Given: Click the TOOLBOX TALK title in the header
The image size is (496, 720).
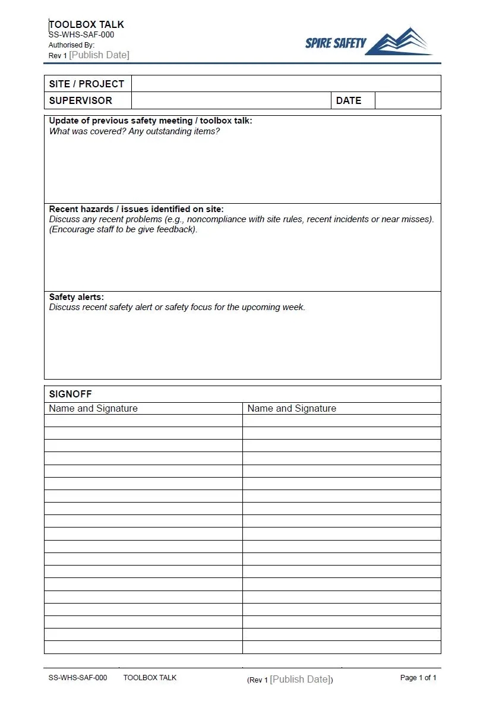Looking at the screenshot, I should point(86,24).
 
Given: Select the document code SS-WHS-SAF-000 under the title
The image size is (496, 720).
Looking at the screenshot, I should point(81,34).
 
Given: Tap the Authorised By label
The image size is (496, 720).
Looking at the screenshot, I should point(71,45).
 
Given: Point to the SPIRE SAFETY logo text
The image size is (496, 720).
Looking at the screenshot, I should point(336,43).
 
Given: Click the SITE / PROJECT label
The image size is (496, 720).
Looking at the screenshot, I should point(86,84).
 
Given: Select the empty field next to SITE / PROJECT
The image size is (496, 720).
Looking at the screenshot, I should point(286,84).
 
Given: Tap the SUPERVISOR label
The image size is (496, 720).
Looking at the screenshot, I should point(80,100).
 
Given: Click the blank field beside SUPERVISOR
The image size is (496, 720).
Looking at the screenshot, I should point(230,100).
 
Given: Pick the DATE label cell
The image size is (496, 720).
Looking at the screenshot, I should point(349,100).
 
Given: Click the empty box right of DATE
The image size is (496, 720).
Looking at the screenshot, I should point(407,100).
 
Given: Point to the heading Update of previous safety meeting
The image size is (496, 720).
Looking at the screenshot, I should point(150,121).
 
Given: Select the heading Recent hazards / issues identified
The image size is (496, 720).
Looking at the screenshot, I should point(136,209).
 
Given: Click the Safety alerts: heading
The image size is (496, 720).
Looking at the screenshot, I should point(76,297).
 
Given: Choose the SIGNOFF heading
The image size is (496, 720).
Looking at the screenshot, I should point(70,394).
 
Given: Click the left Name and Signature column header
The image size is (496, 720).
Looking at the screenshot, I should point(93,409).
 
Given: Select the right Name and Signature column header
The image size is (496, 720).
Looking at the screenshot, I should point(292,409).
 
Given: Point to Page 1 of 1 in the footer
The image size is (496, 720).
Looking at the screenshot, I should point(418,678).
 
